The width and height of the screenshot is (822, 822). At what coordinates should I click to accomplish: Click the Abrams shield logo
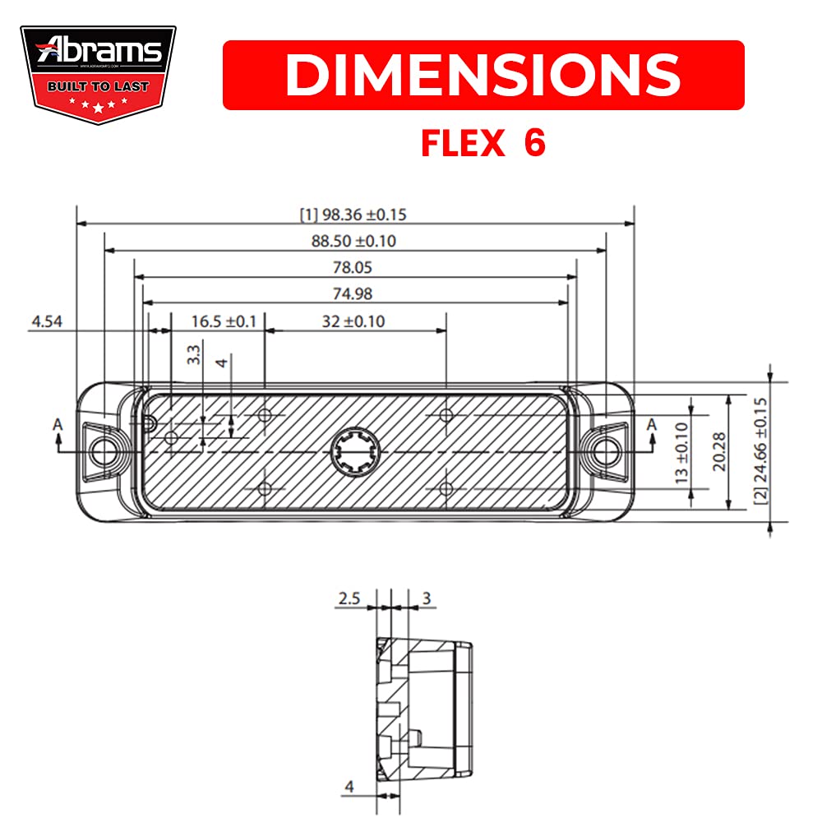coord(98,74)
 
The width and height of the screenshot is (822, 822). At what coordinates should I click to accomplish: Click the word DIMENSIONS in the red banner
coord(483,75)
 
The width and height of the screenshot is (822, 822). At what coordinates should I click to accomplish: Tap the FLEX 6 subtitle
coord(483,144)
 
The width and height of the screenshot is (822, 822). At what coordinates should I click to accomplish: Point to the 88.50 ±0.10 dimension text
coord(355,241)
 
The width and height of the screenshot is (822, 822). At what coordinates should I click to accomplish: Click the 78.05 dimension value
coord(355,267)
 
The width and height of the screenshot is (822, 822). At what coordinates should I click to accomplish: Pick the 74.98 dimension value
coord(355,293)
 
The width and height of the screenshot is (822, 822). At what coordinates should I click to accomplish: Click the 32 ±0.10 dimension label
coord(353,321)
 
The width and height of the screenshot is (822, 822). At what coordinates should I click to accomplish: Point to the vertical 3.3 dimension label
coord(194,355)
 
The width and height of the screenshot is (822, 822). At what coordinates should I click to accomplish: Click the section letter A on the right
coord(651,425)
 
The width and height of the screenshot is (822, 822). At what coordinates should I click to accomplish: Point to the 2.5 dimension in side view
coord(348,599)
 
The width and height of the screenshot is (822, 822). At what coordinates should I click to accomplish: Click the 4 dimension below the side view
coord(349,787)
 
